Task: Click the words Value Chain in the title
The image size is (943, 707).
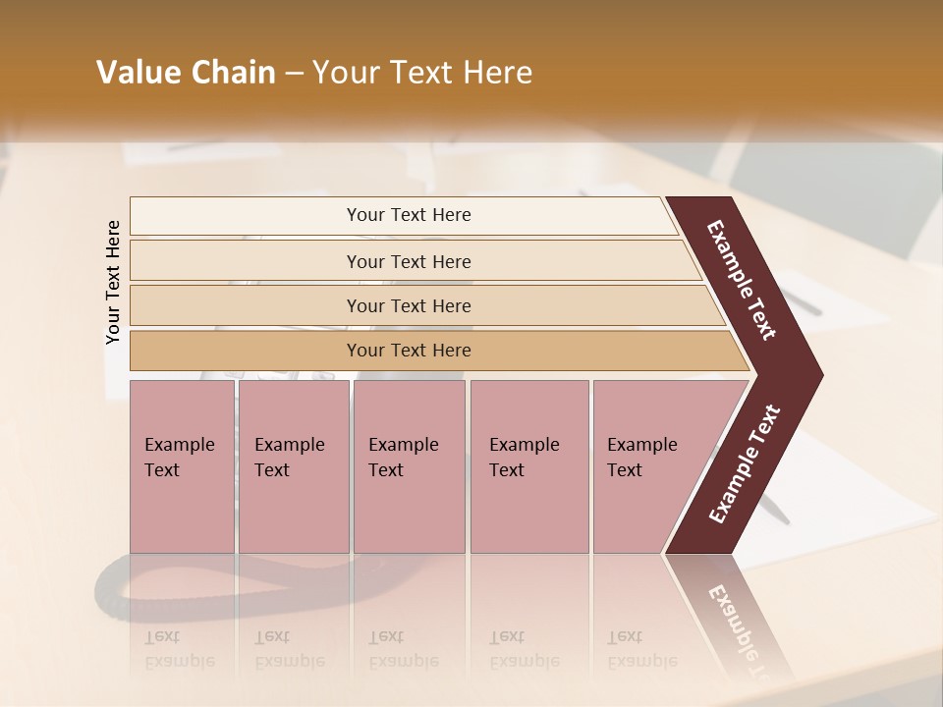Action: [186, 73]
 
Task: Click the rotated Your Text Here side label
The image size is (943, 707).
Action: [114, 282]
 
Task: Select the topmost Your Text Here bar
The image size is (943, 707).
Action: [409, 215]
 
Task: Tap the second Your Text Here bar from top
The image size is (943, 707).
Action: [409, 261]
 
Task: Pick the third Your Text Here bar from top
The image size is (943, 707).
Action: [409, 305]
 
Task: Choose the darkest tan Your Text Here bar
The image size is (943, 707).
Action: [409, 351]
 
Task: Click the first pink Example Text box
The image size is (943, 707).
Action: [182, 465]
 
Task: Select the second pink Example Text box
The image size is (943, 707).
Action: [293, 465]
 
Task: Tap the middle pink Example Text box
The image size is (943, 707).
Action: [409, 465]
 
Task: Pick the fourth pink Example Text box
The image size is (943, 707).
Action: [528, 465]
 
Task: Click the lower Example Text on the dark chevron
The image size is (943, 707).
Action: [745, 464]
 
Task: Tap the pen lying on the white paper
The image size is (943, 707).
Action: [776, 511]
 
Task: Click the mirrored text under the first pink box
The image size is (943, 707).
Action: [179, 649]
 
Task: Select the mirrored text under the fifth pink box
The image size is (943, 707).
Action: [641, 649]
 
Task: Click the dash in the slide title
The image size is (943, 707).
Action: [294, 73]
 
